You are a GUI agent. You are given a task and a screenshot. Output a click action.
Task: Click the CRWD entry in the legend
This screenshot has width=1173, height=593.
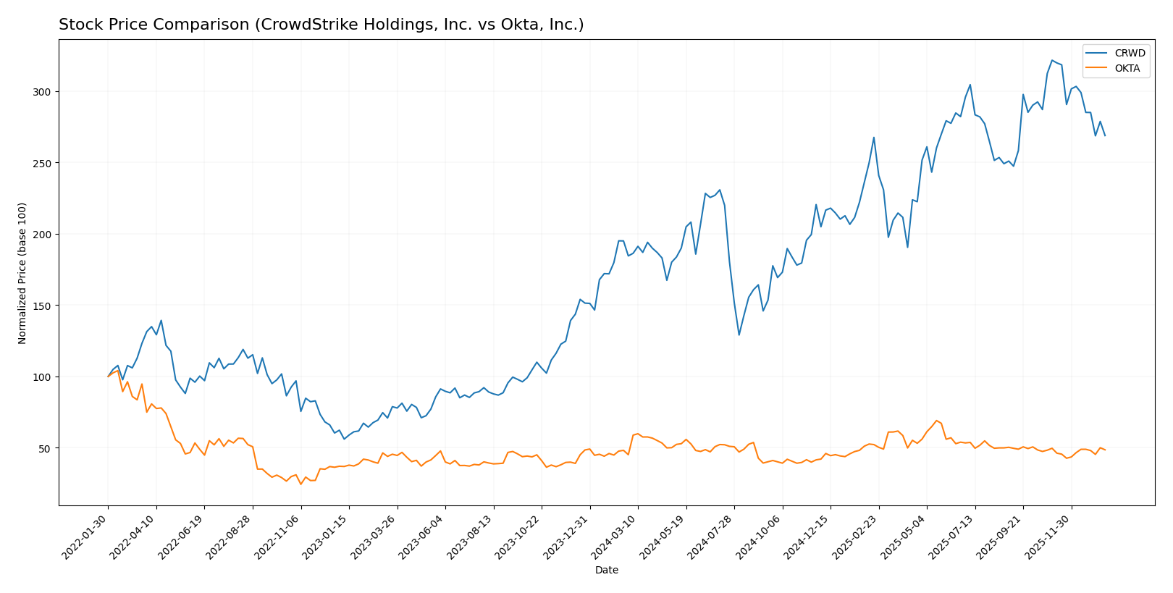point(1130,54)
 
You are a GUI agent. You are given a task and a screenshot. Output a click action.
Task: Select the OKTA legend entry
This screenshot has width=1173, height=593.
point(1127,69)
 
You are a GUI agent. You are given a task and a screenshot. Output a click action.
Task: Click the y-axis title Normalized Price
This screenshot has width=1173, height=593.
point(22,273)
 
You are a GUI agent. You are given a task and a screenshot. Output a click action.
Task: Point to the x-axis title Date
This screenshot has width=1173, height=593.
point(607,571)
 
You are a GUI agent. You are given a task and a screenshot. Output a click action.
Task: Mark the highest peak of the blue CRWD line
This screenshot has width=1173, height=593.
point(1052,60)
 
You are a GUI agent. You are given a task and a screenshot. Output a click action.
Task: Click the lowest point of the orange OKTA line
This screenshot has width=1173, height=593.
point(300,484)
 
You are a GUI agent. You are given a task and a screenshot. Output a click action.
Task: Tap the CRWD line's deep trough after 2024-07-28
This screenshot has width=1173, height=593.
point(739,335)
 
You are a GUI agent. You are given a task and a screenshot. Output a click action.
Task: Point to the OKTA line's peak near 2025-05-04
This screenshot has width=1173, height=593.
point(936,420)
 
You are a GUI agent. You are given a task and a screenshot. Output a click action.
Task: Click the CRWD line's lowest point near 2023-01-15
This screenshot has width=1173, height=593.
point(344,439)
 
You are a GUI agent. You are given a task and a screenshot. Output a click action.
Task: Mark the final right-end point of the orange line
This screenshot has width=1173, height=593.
point(1105,450)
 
